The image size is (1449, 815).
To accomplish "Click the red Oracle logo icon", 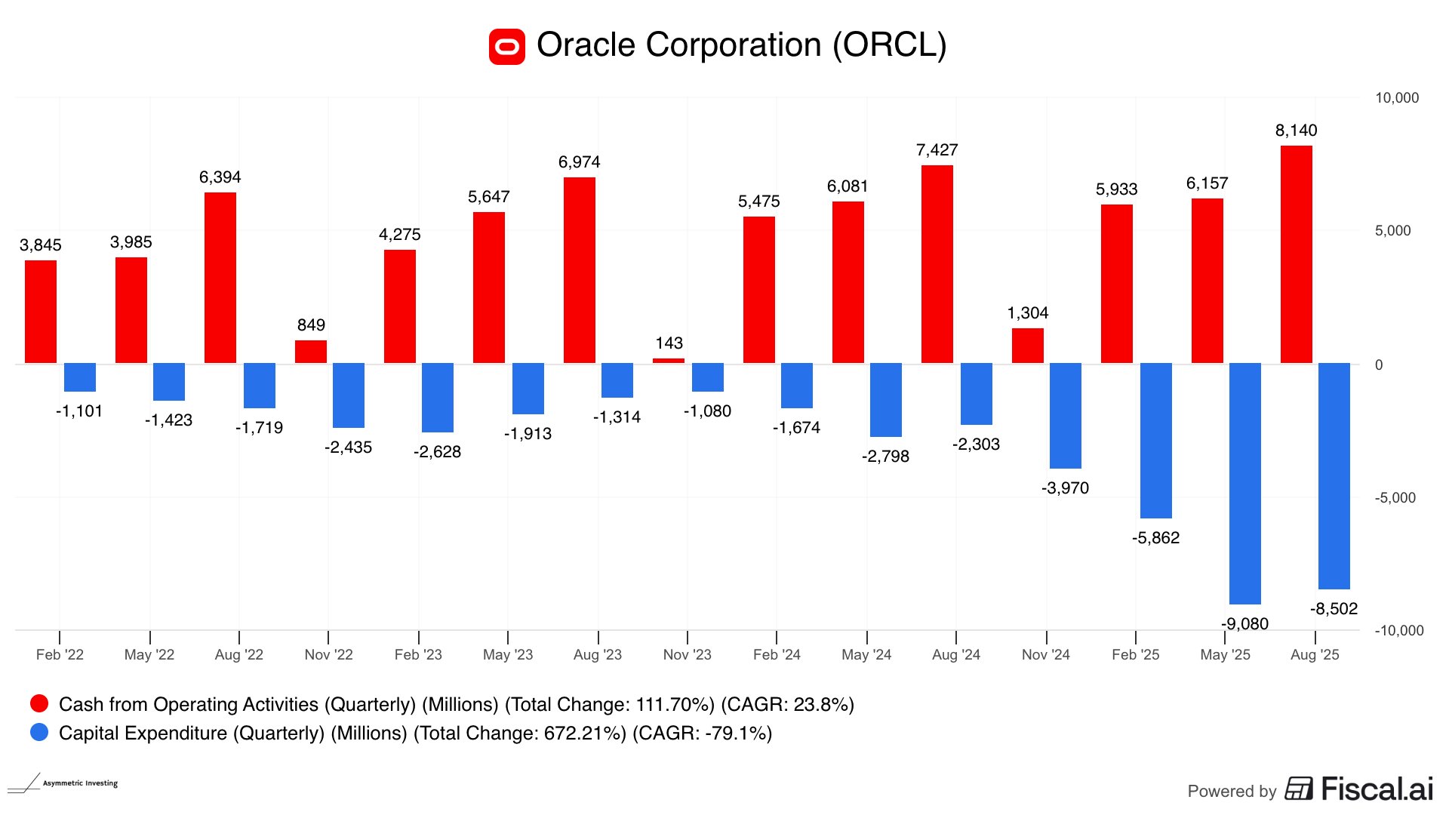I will click(507, 47).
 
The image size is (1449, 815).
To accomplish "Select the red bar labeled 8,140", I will click(1296, 254).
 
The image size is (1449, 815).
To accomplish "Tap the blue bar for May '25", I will click(1244, 483).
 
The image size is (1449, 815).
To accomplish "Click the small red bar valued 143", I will click(669, 361).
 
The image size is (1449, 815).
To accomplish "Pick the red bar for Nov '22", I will click(311, 352).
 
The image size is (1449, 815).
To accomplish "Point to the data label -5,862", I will click(1155, 538).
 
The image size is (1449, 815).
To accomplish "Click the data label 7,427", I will click(937, 150).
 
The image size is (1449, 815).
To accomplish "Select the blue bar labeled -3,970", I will click(1065, 416).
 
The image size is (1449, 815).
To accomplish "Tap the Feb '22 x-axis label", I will click(60, 654).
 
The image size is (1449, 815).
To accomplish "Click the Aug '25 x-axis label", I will click(1315, 654).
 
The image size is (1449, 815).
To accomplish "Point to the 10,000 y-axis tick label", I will click(1397, 98).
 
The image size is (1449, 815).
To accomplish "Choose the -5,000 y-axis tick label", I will click(1395, 498).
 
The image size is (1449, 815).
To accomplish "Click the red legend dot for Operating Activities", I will click(39, 704).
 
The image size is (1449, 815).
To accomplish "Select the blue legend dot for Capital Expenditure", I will click(39, 733).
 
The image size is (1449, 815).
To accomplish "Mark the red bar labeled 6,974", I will click(579, 270).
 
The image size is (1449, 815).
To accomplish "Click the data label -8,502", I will click(1334, 609).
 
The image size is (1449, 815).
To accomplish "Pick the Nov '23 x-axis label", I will click(687, 654).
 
